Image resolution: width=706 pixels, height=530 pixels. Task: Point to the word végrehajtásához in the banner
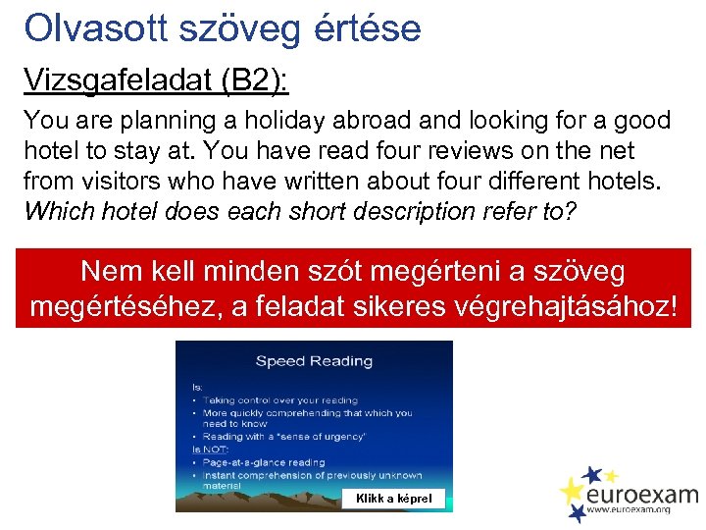click(563, 306)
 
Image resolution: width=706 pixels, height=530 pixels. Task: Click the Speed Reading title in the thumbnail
click(314, 360)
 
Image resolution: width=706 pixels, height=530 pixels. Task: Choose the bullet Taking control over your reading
click(271, 400)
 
